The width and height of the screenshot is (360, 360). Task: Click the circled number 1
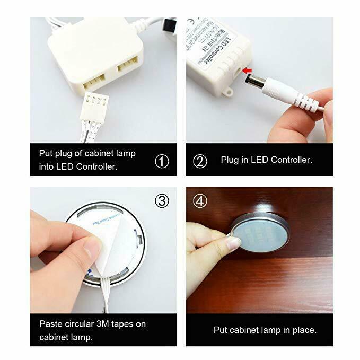pyautogui.click(x=161, y=161)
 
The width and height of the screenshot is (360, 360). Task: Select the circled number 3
pyautogui.click(x=161, y=201)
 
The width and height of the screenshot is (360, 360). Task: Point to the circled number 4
pyautogui.click(x=199, y=201)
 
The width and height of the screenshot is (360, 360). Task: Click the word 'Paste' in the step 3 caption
pyautogui.click(x=51, y=323)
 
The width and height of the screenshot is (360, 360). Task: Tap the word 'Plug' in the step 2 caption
pyautogui.click(x=230, y=160)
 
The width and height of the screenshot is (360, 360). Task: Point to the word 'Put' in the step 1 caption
pyautogui.click(x=46, y=153)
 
